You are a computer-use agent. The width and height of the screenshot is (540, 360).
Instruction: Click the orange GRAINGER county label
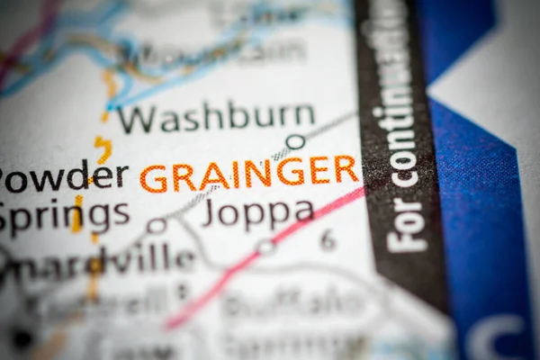click(249, 174)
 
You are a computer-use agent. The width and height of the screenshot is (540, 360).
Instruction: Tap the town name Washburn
click(216, 117)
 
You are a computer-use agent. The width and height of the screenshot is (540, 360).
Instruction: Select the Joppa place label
click(257, 212)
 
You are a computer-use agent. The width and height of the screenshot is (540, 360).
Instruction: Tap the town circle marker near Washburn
click(295, 141)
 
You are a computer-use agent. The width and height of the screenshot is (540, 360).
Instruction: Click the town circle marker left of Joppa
click(157, 226)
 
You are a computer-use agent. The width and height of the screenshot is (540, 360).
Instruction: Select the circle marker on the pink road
click(265, 246)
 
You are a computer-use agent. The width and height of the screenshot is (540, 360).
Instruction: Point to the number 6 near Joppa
click(328, 239)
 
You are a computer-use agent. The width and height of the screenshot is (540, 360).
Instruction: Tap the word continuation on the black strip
click(396, 108)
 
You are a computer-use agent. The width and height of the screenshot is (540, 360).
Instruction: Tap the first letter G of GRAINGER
click(153, 178)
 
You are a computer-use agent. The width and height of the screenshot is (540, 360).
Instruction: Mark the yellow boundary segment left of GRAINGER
click(103, 149)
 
